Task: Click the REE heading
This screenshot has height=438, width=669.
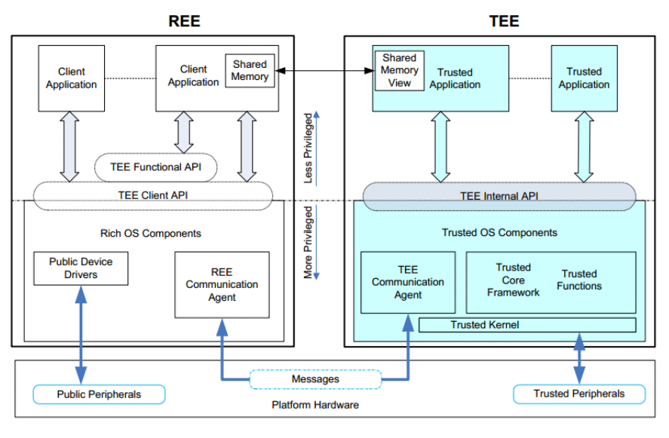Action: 184,20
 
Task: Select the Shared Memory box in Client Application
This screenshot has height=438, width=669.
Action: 250,71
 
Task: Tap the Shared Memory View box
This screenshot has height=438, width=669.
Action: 400,70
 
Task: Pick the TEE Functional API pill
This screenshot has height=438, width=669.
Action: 156,167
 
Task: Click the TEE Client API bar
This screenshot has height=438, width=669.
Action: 152,194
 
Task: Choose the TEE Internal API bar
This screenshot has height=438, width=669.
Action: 499,195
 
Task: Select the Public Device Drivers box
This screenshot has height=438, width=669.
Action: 81,268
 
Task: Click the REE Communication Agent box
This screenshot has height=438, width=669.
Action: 222,284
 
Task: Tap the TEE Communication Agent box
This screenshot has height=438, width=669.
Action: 408,282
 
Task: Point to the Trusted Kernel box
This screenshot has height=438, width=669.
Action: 527,325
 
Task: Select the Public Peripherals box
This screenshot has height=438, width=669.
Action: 99,394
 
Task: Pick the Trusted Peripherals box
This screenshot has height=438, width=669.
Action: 578,394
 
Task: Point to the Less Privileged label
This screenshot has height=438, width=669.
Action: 308,149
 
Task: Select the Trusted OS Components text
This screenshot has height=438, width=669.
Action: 499,232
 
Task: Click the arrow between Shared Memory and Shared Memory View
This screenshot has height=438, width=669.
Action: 324,71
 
